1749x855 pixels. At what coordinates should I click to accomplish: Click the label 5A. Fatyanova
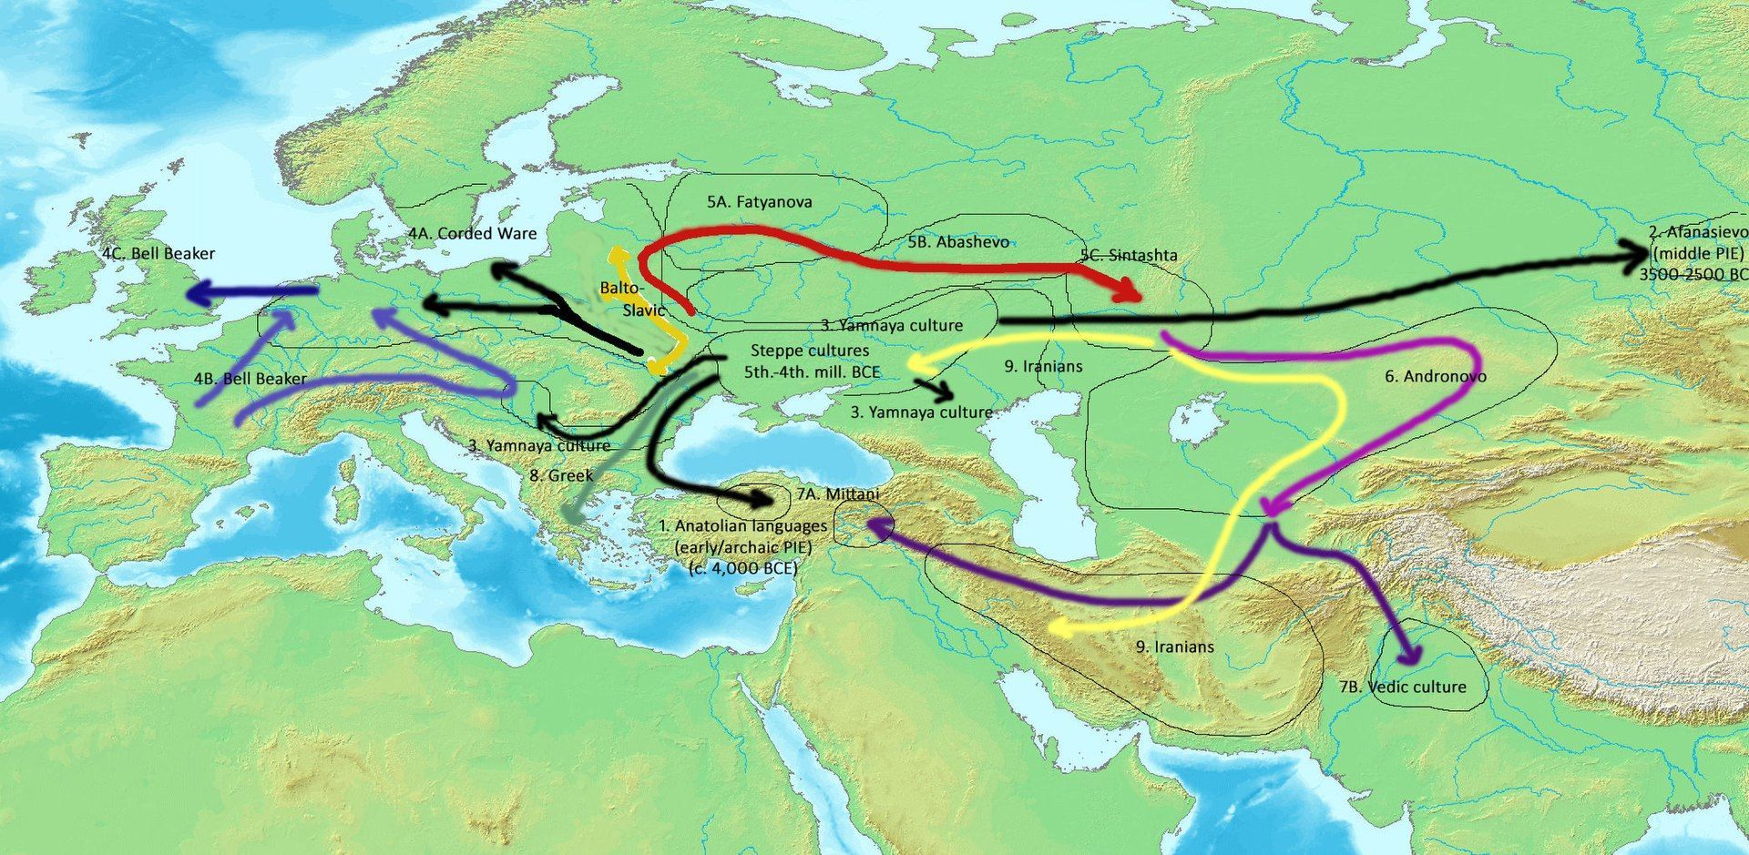(x=759, y=202)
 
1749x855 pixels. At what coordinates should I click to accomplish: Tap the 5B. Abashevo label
(x=957, y=242)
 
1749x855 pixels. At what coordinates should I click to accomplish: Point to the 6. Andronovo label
(x=1435, y=376)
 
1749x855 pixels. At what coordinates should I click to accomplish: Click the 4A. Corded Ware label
(x=472, y=234)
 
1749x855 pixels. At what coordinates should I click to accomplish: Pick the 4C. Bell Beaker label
(x=159, y=253)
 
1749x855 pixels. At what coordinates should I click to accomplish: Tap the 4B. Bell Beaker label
(x=250, y=379)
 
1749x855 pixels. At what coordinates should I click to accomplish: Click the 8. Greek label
(x=561, y=475)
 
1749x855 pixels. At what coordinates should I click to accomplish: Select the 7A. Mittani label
(x=837, y=494)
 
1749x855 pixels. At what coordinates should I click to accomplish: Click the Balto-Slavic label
(x=634, y=300)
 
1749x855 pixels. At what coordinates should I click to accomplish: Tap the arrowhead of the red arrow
(x=1130, y=293)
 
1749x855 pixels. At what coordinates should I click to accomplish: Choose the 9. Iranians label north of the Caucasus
(x=1043, y=366)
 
